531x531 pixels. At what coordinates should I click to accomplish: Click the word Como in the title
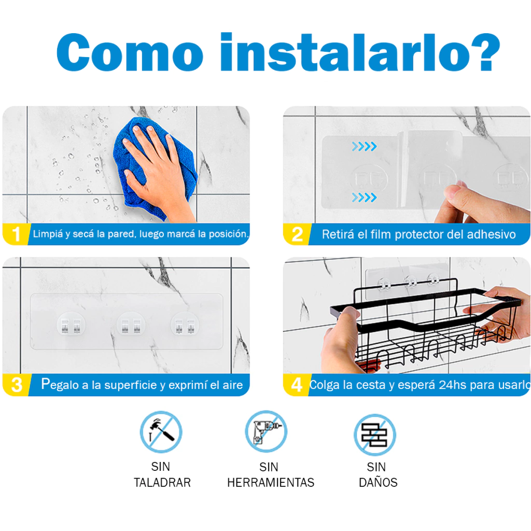tap(130, 52)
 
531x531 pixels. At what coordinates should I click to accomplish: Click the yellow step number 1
tap(16, 234)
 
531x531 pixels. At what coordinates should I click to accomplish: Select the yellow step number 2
tap(297, 234)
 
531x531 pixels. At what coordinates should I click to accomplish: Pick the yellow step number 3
tap(17, 385)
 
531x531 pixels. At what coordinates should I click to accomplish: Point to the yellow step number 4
tap(297, 385)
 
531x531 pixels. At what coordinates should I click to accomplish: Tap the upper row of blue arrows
tap(364, 147)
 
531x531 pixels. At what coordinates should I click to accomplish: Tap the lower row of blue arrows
tap(364, 197)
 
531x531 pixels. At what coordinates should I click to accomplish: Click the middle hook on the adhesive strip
tap(131, 325)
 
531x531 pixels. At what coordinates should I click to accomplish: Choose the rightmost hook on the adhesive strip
tap(185, 325)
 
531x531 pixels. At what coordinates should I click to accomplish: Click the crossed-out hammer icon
tap(161, 432)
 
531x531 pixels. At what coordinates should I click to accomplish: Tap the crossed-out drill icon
tap(266, 431)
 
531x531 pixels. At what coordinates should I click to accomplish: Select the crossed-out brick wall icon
tap(375, 435)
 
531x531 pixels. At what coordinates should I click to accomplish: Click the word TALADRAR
tap(162, 483)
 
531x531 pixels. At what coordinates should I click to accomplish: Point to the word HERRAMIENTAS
tap(271, 483)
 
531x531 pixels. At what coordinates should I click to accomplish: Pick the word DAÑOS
tap(378, 481)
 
